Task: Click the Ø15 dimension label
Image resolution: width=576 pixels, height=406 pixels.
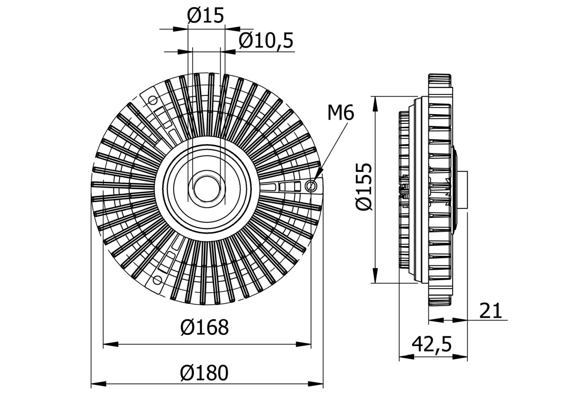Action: point(205,17)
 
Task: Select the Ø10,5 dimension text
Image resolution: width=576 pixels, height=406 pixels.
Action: point(266,41)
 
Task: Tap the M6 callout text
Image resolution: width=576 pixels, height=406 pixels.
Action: point(341,113)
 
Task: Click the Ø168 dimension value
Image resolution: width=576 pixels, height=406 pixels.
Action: point(205,328)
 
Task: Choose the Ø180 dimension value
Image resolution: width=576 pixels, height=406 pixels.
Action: point(205,373)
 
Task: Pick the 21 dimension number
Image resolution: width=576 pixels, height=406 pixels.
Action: point(490,311)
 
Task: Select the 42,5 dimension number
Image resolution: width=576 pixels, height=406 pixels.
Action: point(432,345)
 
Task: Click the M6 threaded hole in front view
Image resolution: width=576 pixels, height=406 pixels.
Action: point(310,185)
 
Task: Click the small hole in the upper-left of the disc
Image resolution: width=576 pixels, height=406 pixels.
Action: point(153,99)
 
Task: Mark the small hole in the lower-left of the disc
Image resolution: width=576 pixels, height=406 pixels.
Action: point(157,280)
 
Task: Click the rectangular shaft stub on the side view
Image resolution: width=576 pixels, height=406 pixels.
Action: point(463,189)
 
